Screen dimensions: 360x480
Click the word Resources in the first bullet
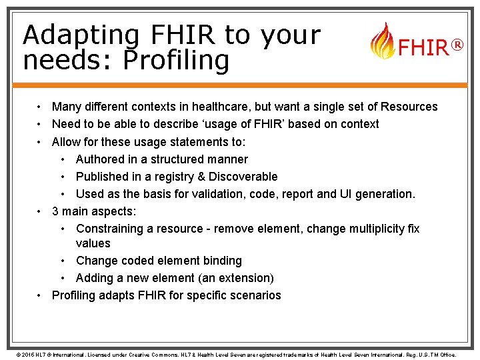tap(409, 107)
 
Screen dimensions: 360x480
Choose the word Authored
tap(101, 159)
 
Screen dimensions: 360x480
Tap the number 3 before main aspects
tap(55, 211)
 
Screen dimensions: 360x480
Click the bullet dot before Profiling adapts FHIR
tap(41, 295)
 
